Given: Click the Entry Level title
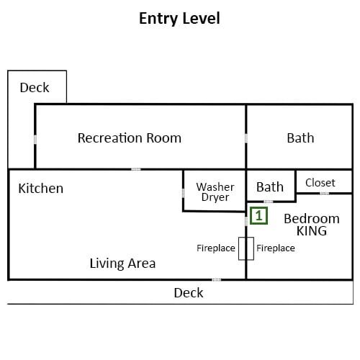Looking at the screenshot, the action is [179, 19].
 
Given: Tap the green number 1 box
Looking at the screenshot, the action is [258, 216].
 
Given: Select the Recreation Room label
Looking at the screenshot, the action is [130, 138].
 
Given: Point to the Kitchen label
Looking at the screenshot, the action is [41, 188].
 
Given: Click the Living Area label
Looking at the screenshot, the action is [122, 263].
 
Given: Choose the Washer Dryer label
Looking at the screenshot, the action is [215, 192].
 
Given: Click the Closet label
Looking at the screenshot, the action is [320, 183].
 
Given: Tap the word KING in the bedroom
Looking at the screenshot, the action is [312, 231].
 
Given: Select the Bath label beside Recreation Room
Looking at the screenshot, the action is [300, 138].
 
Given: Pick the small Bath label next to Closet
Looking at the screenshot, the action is [270, 187].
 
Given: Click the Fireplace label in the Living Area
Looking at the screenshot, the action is [216, 248].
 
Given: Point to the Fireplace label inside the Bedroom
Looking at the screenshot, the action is [276, 248].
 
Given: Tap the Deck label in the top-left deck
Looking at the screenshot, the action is [35, 87].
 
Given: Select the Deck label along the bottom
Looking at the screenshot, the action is [189, 293].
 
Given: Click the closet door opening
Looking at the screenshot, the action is [325, 193].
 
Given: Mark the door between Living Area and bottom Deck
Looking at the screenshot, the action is [217, 279].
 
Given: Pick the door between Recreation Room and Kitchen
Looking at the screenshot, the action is [136, 169].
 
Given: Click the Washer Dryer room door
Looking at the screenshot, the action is [183, 193].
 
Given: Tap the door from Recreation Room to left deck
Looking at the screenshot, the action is [35, 140].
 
